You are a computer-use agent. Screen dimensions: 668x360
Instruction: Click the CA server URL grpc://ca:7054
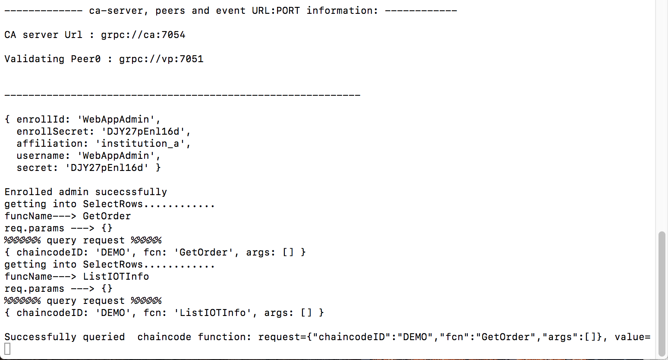coord(143,35)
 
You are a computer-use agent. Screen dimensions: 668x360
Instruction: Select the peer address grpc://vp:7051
coord(161,59)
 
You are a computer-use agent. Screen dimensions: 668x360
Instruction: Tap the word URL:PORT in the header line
coord(276,11)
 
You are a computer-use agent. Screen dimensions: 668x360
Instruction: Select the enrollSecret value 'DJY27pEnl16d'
coord(143,132)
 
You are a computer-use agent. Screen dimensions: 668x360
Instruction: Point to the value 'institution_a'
coord(140,143)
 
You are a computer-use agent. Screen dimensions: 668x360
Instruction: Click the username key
coord(43,156)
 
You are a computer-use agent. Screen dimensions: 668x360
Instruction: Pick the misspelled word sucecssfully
coord(131,192)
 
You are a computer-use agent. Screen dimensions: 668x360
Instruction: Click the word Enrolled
coord(28,192)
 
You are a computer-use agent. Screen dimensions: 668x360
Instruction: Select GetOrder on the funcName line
coord(107,216)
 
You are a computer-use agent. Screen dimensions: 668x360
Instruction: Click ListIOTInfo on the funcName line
coord(116,277)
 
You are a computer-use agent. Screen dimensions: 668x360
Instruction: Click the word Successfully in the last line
coord(40,337)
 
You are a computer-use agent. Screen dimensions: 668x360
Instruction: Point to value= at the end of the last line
coord(633,337)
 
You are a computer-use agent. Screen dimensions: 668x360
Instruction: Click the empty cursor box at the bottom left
coord(7,349)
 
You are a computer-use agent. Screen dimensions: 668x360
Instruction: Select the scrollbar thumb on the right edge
coord(662,294)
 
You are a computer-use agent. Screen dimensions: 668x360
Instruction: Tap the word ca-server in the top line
coord(116,11)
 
